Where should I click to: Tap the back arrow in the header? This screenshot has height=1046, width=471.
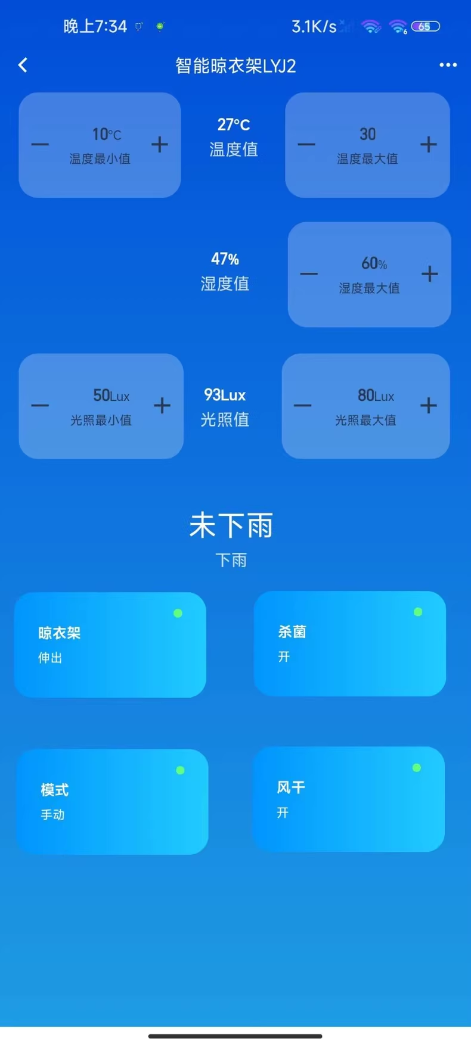click(x=23, y=65)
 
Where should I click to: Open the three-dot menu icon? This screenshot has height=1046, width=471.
click(x=448, y=65)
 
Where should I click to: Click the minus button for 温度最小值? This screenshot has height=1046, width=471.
click(x=40, y=144)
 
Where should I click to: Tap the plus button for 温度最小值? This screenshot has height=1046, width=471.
click(x=160, y=144)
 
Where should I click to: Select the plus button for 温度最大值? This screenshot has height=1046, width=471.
click(x=429, y=144)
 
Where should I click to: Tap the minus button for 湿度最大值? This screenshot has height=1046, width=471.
click(x=309, y=274)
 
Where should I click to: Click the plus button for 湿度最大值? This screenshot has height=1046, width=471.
click(x=430, y=274)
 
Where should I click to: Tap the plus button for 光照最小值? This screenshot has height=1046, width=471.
click(x=162, y=406)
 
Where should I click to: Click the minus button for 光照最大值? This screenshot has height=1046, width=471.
click(x=302, y=406)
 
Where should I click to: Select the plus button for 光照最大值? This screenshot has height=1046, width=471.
click(x=429, y=406)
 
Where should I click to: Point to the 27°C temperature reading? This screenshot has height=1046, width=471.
click(x=234, y=124)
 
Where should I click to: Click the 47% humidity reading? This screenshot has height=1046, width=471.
click(x=225, y=259)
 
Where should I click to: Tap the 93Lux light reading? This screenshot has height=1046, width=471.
click(x=225, y=395)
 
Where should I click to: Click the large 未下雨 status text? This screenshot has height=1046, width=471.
click(x=231, y=525)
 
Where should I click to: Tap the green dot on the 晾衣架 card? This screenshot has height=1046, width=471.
click(x=178, y=613)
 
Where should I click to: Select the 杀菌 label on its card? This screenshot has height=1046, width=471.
click(x=292, y=631)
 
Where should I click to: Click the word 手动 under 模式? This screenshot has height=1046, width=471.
click(x=52, y=814)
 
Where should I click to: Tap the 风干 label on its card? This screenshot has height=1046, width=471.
click(x=291, y=787)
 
